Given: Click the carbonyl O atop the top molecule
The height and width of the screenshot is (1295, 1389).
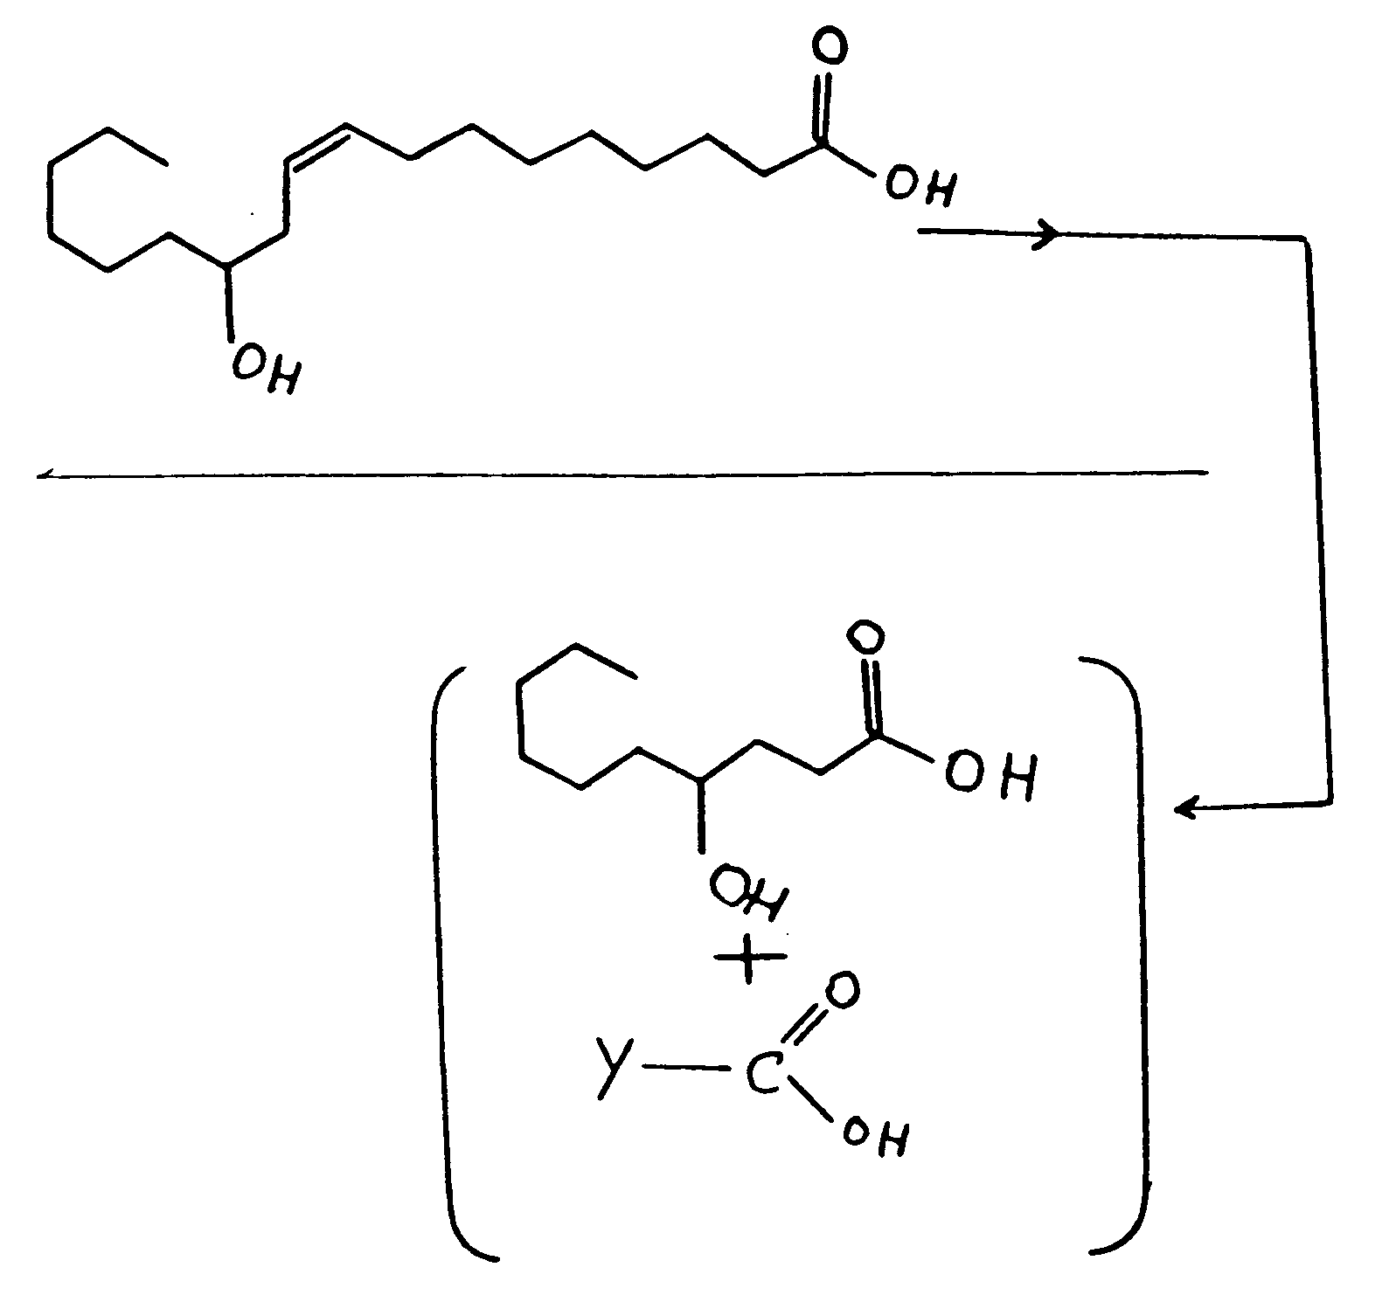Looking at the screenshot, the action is click(x=827, y=48).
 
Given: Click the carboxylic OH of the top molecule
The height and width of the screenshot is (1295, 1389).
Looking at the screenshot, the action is click(x=920, y=186).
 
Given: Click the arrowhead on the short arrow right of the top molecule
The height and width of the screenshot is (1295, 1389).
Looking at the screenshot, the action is click(x=1047, y=233).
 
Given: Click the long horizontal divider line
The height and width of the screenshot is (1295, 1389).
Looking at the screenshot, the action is click(x=622, y=474).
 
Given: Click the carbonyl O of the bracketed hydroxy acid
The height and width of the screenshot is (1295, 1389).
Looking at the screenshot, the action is click(x=865, y=638).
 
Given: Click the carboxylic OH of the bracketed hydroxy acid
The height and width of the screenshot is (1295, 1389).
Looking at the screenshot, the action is click(x=990, y=772).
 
